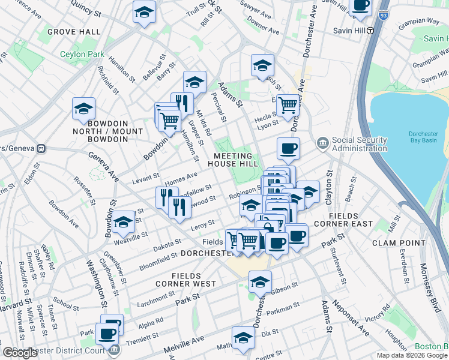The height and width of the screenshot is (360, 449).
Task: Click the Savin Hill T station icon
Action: pyautogui.click(x=371, y=31)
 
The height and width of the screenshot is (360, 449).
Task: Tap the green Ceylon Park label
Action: pyautogui.click(x=82, y=54)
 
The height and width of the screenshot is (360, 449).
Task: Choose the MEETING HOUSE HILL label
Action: pyautogui.click(x=233, y=160)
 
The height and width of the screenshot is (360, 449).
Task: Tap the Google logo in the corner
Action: pyautogui.click(x=20, y=353)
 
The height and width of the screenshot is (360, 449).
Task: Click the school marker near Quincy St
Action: pyautogui.click(x=143, y=13)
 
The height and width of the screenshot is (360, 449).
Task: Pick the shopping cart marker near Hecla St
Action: pyautogui.click(x=289, y=105)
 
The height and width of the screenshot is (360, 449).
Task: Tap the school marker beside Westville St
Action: pyautogui.click(x=124, y=223)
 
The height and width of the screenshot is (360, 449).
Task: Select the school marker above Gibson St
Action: pyautogui.click(x=260, y=281)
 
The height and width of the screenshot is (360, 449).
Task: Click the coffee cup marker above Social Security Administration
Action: pyautogui.click(x=288, y=149)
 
